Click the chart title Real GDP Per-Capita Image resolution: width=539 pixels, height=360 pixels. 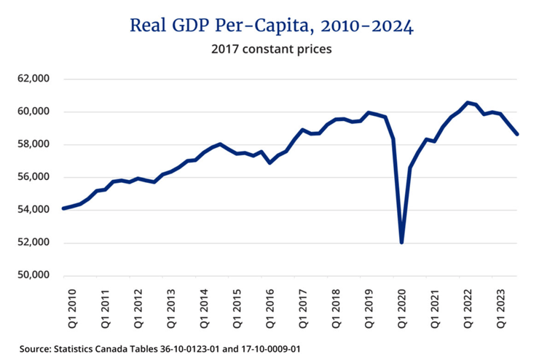coord(272,26)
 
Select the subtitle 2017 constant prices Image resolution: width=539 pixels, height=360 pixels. coord(271,50)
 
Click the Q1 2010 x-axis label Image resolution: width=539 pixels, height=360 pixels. coord(71,306)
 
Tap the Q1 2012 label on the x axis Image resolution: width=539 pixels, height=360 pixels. coord(137,306)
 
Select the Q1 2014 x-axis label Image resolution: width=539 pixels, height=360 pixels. coord(203,306)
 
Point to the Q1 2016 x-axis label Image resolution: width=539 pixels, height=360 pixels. coord(269,306)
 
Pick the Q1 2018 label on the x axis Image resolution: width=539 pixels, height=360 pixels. coord(336,306)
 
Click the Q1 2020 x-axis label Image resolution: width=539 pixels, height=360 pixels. coord(402,306)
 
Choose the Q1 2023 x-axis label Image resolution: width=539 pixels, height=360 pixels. coord(502,306)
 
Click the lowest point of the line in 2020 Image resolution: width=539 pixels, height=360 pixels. coord(402,242)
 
